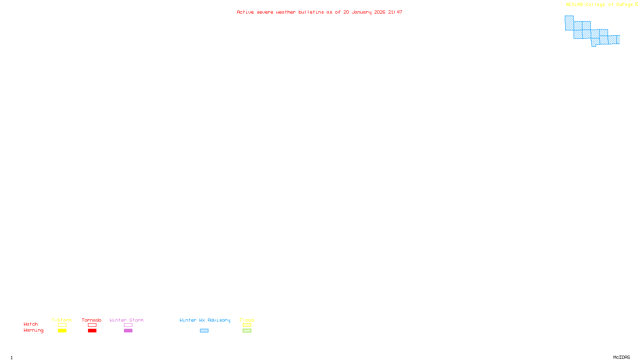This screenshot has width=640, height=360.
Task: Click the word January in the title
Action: point(361,12)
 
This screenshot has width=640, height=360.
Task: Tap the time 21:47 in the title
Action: point(395,12)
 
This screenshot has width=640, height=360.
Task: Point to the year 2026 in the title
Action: point(380,12)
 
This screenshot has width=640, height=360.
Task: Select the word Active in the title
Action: point(245,12)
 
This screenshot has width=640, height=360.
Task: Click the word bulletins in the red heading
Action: point(311,12)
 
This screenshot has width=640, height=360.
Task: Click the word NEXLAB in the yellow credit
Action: point(574,4)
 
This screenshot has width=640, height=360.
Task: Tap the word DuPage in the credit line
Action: point(624,4)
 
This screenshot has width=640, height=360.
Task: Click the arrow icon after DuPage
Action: point(636,4)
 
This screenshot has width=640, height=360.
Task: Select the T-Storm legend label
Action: point(62,320)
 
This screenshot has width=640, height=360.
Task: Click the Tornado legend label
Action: point(92,320)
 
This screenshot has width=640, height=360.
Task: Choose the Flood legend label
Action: point(247,320)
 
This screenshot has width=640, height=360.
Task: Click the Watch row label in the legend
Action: point(31,324)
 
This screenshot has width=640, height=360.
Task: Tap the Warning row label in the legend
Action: point(33,330)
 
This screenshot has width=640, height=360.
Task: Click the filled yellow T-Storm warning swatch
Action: point(62,331)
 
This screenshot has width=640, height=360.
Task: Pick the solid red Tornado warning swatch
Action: point(92,331)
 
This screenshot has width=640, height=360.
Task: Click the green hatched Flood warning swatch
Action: point(247,331)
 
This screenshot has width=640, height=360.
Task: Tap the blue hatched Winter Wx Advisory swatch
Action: point(204,331)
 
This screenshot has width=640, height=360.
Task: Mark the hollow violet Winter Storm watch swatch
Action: point(128,325)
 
